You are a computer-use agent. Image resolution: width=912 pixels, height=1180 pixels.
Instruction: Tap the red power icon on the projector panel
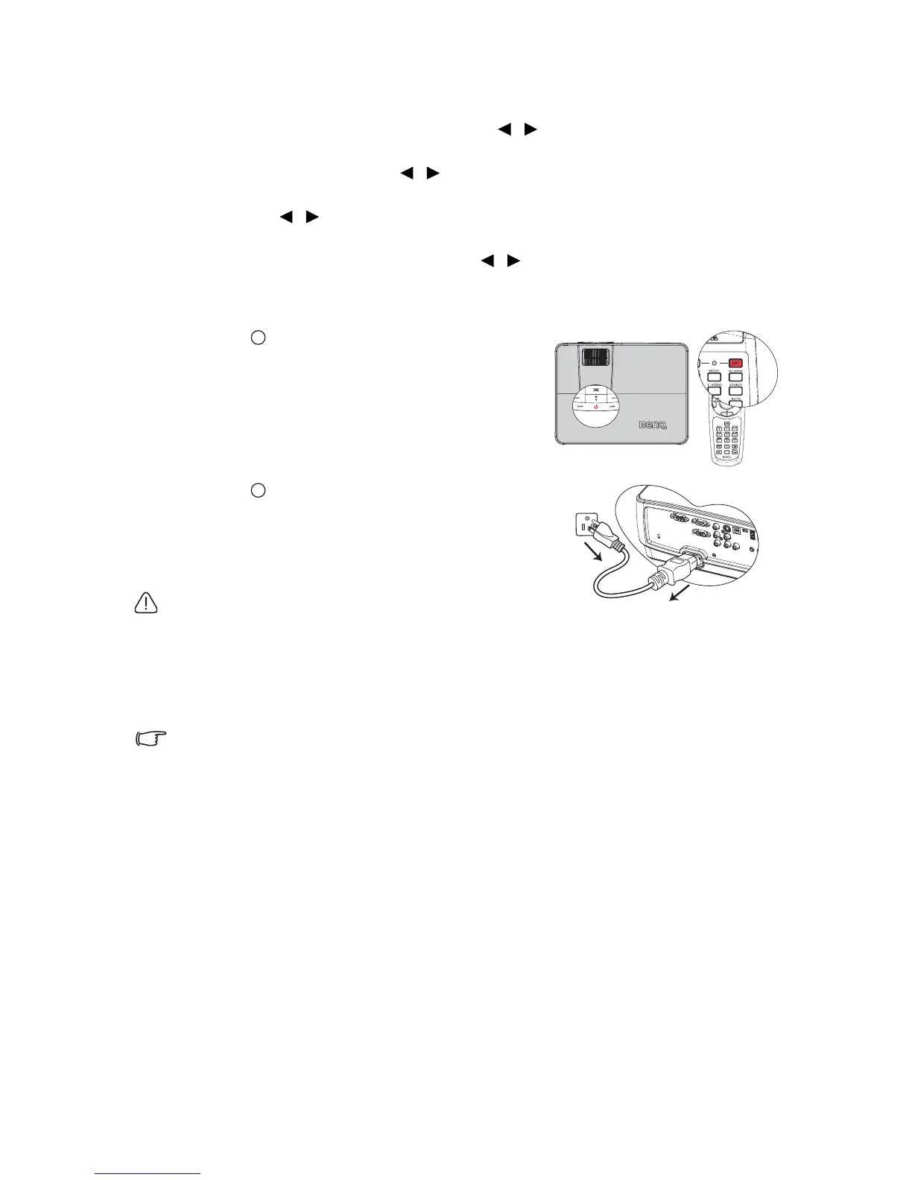point(596,407)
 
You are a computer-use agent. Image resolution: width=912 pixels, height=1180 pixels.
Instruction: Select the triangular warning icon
point(146,604)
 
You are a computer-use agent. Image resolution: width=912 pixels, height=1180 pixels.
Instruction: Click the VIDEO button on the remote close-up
point(714,375)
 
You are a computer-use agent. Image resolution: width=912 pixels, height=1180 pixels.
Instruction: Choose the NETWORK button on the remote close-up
point(736,375)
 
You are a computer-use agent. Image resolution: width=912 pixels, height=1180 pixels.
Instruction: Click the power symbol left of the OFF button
point(714,363)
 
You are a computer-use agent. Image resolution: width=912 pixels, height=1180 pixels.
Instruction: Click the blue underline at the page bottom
point(148,1173)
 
